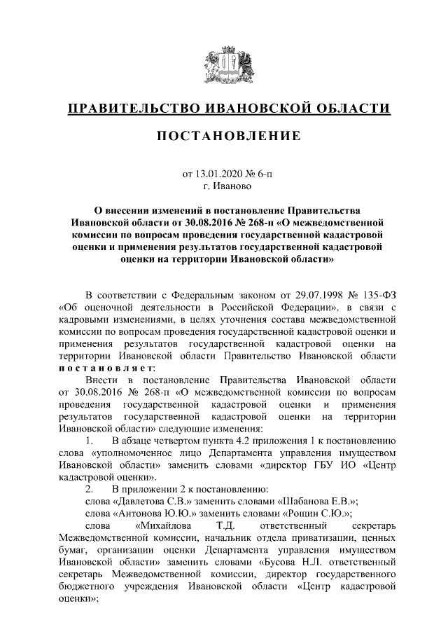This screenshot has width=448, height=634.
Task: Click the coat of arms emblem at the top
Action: [223, 64]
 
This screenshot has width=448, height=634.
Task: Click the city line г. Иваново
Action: [224, 186]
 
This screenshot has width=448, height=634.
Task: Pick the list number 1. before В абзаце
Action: [88, 442]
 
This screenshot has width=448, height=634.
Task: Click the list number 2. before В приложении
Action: [88, 487]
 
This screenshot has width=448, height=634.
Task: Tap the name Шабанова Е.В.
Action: [320, 500]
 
